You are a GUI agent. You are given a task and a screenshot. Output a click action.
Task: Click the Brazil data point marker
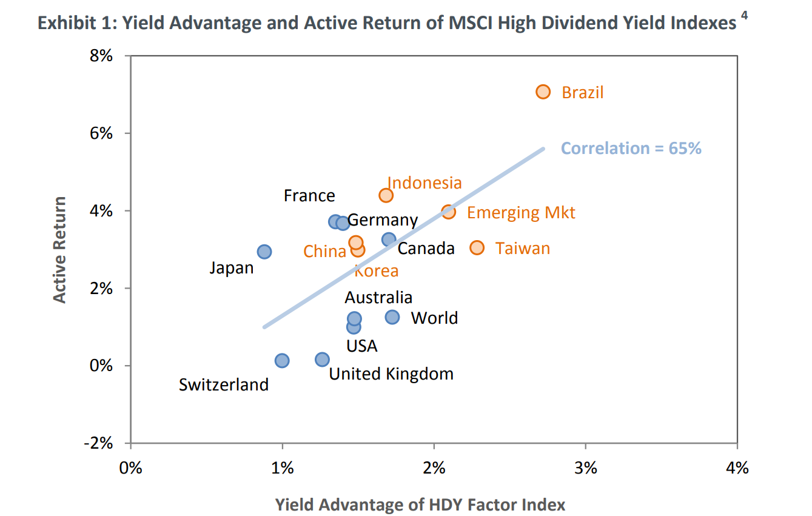(x=543, y=92)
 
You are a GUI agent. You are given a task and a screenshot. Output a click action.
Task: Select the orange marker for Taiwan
(x=477, y=248)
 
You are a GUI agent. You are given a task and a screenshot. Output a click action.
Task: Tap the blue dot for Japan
(x=264, y=252)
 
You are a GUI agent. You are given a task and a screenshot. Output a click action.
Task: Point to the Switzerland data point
(x=282, y=361)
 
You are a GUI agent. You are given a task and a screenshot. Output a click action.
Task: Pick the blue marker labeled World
(x=392, y=317)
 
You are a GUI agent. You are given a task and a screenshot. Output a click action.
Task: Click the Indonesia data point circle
(x=386, y=195)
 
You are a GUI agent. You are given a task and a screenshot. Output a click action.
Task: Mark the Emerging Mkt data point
(x=448, y=212)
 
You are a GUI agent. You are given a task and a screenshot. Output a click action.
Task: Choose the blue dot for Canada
(x=389, y=240)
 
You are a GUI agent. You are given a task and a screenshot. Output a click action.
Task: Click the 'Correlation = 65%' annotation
(x=631, y=149)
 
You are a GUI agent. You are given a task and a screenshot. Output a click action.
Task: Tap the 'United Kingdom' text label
(x=391, y=374)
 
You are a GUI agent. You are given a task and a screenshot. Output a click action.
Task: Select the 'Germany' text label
(x=382, y=220)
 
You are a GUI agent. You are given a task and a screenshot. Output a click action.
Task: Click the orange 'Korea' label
(x=377, y=271)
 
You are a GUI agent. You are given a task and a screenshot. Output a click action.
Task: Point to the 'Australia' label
(x=378, y=298)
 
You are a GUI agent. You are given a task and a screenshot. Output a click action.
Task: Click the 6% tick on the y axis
(x=102, y=133)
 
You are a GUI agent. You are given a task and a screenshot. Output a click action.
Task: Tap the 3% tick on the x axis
(x=586, y=468)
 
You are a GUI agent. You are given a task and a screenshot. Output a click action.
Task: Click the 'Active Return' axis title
(x=59, y=249)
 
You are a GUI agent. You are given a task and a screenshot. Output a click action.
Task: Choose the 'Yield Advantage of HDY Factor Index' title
(x=420, y=504)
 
